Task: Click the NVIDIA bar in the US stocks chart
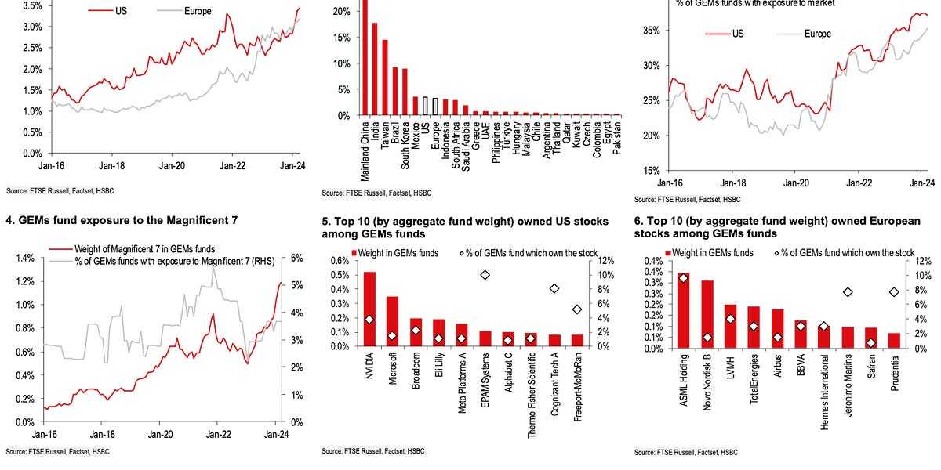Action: pos(369,309)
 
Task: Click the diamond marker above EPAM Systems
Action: pos(485,275)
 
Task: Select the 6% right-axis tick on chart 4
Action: pos(297,258)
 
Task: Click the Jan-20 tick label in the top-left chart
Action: pos(172,166)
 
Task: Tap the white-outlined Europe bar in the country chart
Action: pos(434,107)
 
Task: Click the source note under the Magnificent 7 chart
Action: pos(58,452)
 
